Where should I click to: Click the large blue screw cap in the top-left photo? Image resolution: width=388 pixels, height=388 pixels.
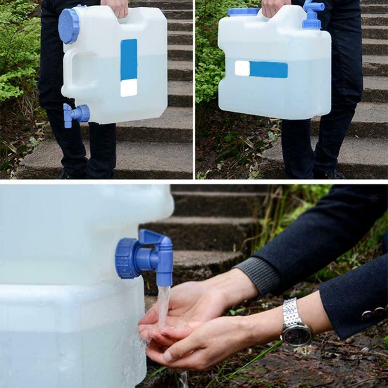(69, 26)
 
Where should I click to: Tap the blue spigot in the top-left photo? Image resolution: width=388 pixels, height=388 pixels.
(76, 114)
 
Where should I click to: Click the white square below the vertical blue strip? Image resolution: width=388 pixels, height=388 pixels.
(128, 88)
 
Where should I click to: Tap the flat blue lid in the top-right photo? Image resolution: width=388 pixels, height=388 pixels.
(244, 12)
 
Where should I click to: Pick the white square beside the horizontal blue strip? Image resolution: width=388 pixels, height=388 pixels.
(242, 68)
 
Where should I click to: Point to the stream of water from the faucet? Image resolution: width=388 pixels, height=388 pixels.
(163, 305)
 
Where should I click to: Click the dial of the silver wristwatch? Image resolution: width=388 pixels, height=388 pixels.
(297, 334)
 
